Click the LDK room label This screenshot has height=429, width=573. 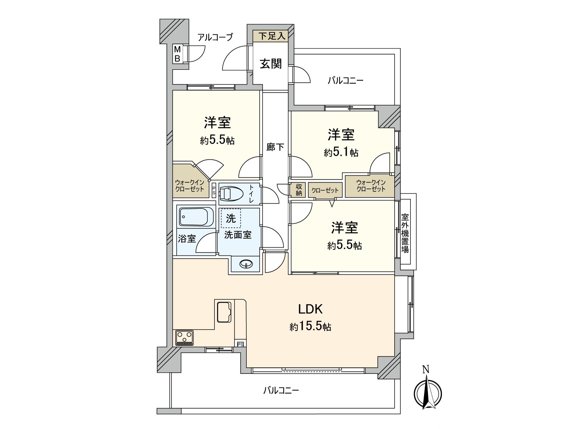click(x=311, y=309)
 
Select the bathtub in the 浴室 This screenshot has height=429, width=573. click(x=196, y=217)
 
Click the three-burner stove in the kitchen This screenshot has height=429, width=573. click(x=184, y=338)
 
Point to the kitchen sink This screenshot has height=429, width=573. click(x=224, y=312)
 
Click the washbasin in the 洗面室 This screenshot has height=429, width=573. click(x=246, y=264)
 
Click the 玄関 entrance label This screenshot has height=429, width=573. click(x=271, y=64)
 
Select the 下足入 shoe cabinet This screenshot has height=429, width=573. click(x=272, y=36)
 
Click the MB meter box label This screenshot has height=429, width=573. click(x=177, y=54)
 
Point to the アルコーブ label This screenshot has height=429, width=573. click(x=215, y=37)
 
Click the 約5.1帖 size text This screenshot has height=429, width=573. click(x=341, y=153)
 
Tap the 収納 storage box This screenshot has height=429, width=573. click(x=299, y=190)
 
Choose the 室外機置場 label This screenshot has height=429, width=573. click(x=405, y=233)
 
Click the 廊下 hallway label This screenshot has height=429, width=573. click(x=275, y=147)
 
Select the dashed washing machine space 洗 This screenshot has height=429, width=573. click(x=231, y=218)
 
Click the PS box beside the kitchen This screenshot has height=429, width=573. click(x=240, y=344)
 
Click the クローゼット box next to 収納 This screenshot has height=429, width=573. click(x=325, y=190)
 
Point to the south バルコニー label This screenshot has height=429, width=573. click(x=281, y=390)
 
